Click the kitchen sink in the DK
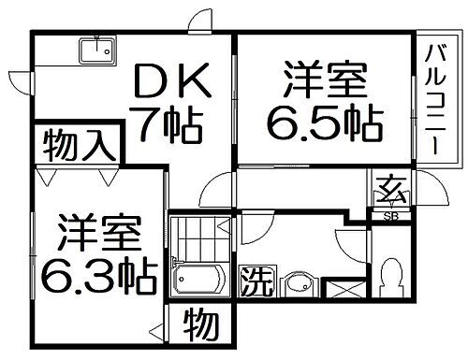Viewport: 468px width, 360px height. (96, 49)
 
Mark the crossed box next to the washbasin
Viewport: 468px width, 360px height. (345, 285)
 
